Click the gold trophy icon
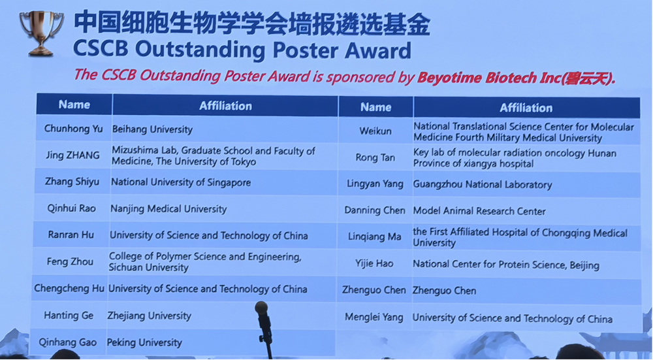(x=41, y=33)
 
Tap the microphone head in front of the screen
(x=261, y=308)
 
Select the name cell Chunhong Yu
(x=73, y=129)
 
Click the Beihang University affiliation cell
(x=152, y=129)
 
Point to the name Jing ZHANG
(x=73, y=155)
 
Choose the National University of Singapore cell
(x=181, y=182)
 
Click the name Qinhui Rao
(x=72, y=208)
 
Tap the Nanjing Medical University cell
(x=168, y=209)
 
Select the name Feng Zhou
(x=70, y=261)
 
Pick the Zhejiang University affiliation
(x=149, y=316)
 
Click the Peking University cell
(x=144, y=342)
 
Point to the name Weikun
(x=375, y=131)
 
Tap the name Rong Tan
(x=375, y=157)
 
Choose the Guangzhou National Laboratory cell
(x=483, y=185)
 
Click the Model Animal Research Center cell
(x=479, y=211)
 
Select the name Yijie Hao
(x=374, y=263)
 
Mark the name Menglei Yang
(x=374, y=318)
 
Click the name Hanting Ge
(x=69, y=316)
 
